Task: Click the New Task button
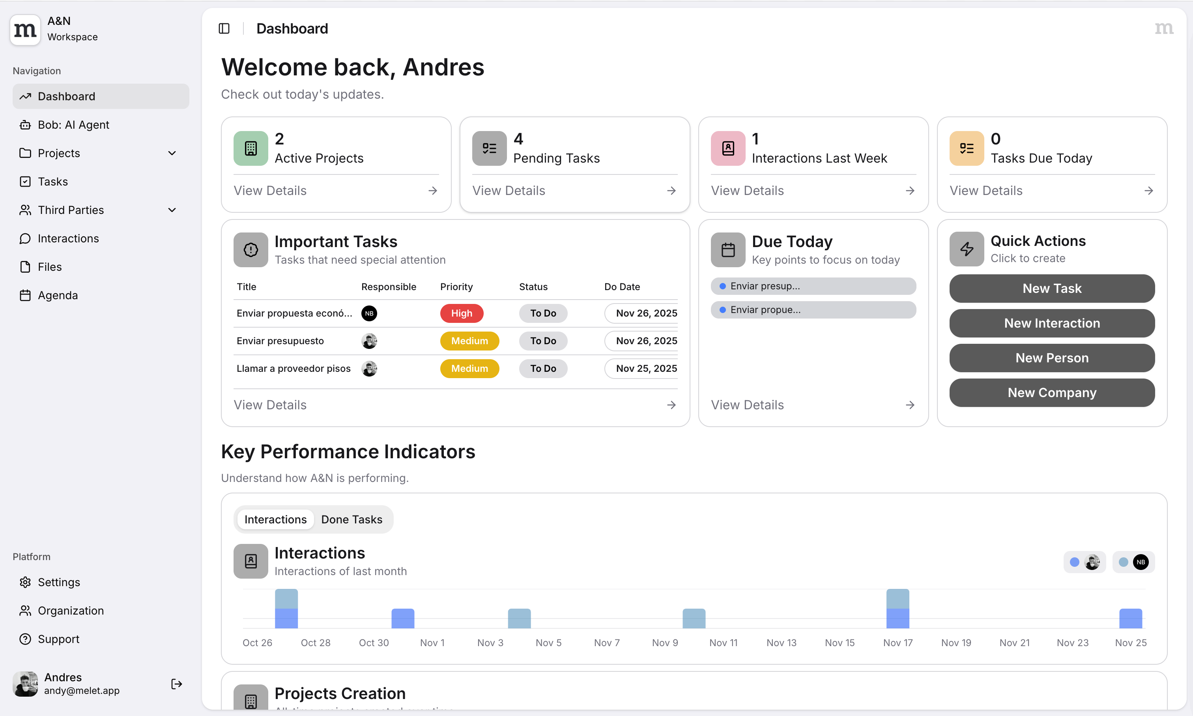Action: point(1052,289)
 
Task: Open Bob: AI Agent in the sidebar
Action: point(73,125)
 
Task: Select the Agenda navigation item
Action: point(57,295)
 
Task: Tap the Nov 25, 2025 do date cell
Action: point(645,369)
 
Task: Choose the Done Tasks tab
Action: point(352,519)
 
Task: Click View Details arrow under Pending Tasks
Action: point(671,191)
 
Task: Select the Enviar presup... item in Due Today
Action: point(813,286)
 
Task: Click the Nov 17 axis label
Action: point(898,643)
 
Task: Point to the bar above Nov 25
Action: point(1130,619)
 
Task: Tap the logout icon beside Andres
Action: point(176,684)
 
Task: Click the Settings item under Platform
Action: point(59,582)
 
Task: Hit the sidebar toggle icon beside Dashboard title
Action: point(224,28)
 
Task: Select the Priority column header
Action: point(456,287)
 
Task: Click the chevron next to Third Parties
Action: point(172,210)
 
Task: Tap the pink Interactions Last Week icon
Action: point(727,148)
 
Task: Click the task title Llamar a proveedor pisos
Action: point(293,369)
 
